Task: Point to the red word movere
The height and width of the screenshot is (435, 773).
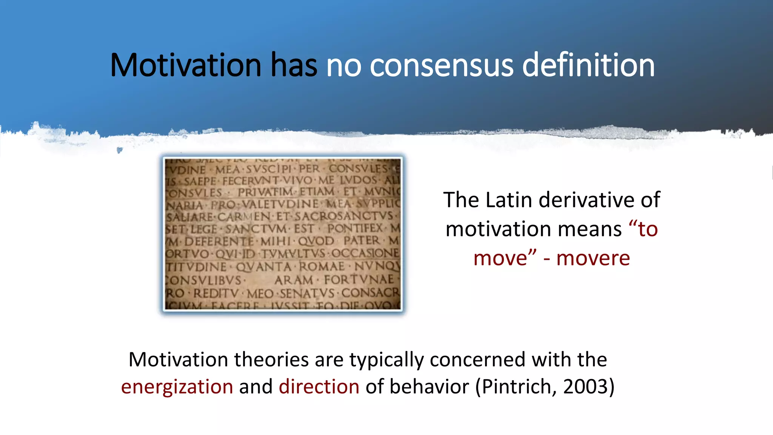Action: coord(593,259)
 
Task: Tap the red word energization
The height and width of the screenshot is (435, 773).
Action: coord(177,387)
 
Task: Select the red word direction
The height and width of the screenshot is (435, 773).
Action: coord(319,387)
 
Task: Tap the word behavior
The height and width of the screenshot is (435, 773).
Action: coord(429,387)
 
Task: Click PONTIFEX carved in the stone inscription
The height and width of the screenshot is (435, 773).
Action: coord(355,228)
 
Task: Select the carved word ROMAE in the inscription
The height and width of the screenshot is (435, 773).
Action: coord(322,267)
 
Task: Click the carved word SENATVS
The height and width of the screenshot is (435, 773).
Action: coord(307,293)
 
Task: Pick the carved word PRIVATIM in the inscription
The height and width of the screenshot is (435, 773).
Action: coord(265,192)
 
